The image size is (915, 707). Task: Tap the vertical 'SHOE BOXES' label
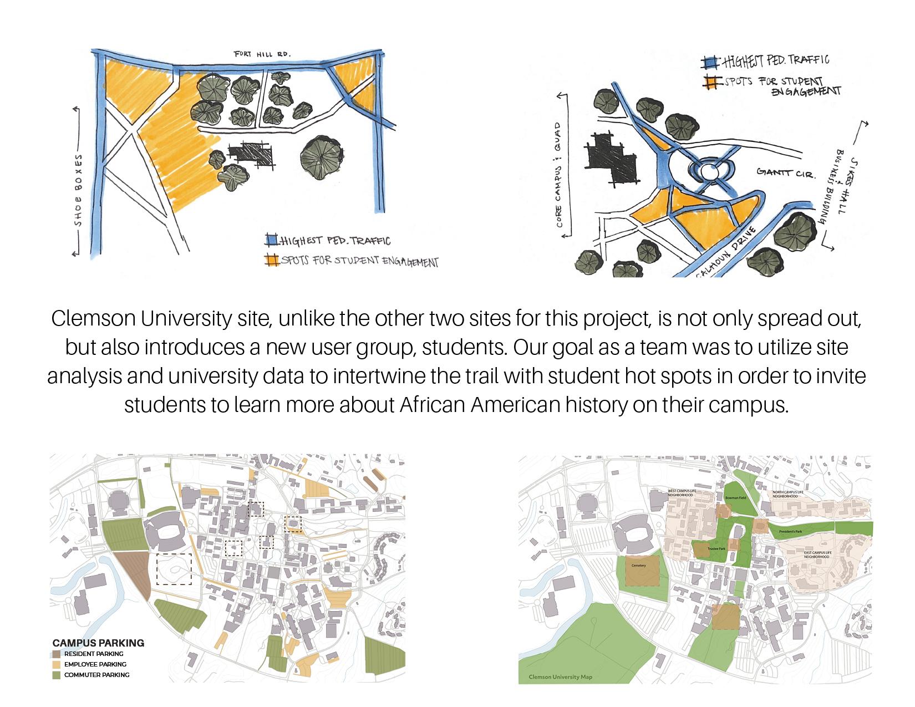click(78, 194)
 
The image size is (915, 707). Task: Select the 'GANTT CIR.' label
click(786, 174)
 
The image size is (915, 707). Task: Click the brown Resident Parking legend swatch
click(57, 654)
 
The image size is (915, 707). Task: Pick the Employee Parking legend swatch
click(57, 664)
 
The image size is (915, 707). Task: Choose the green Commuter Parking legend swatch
click(57, 675)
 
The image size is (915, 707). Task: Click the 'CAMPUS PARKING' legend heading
click(98, 643)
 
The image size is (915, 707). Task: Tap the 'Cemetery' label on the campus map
click(639, 566)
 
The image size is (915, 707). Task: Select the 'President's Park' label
click(791, 532)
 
